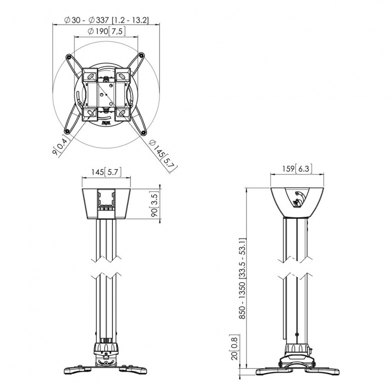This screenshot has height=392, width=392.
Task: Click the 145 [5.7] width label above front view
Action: (x=106, y=172)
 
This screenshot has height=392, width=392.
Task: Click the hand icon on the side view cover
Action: (x=298, y=198)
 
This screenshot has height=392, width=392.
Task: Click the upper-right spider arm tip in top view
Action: (x=143, y=54)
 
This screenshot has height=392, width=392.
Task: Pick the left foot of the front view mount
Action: (x=75, y=369)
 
